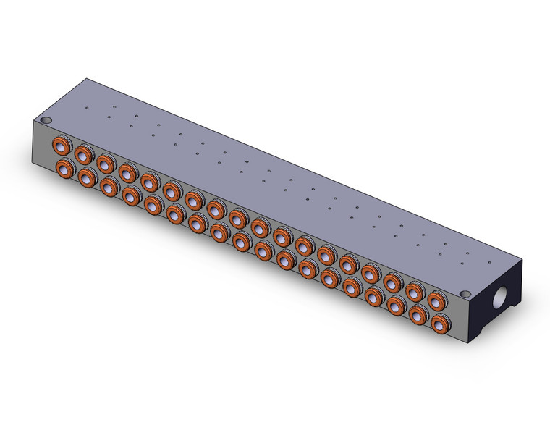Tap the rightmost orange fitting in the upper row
point(436,299)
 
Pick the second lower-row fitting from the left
point(87,177)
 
